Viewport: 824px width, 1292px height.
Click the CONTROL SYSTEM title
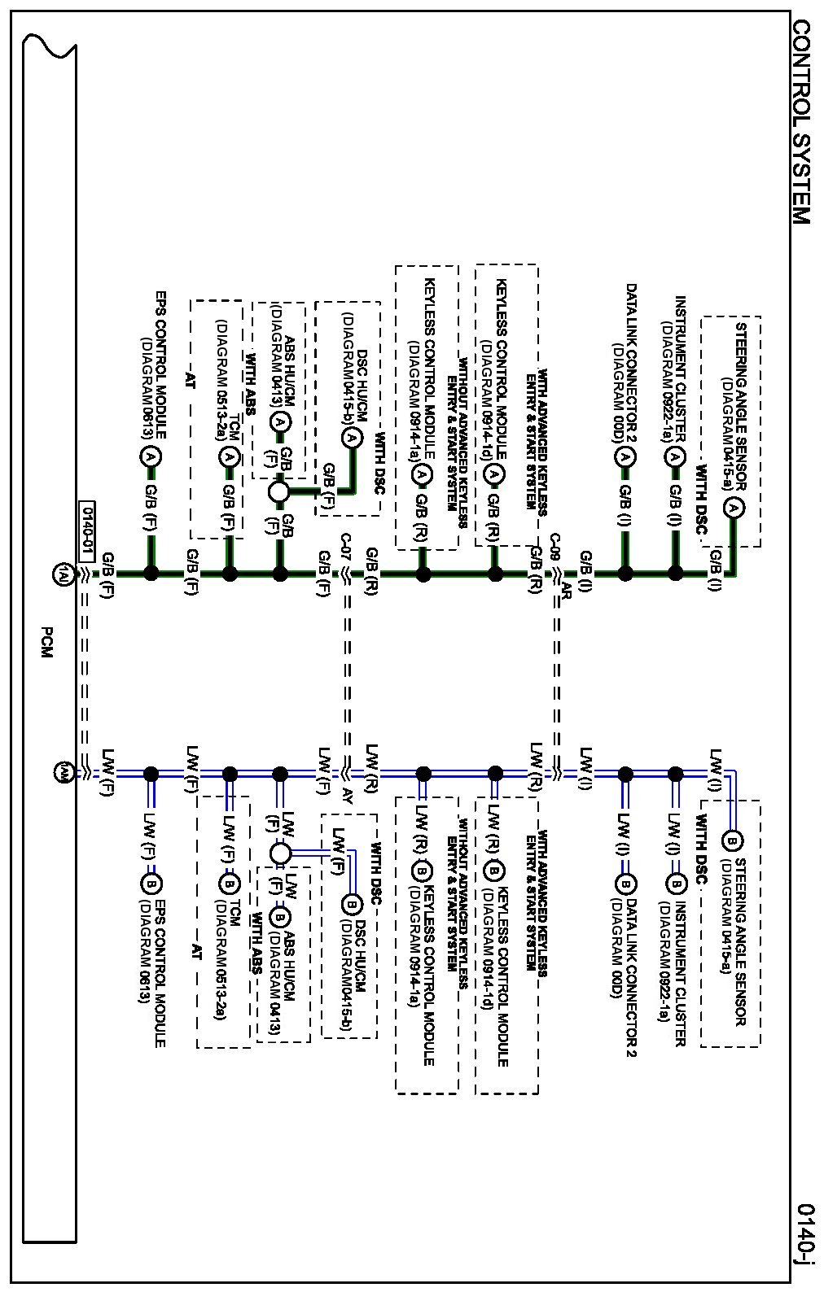(x=801, y=122)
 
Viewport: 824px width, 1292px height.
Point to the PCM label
(x=47, y=642)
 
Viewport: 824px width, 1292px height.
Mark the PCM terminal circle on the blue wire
(x=62, y=771)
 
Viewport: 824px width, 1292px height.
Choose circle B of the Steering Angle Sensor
(x=731, y=840)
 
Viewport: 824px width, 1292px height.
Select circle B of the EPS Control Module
(x=151, y=883)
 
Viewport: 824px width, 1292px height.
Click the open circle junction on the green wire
(x=279, y=491)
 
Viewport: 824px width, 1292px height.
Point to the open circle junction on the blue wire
(x=279, y=853)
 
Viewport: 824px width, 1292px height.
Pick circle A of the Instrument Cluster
(x=674, y=458)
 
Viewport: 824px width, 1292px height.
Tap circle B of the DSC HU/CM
(x=351, y=904)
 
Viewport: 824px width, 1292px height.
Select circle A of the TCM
(x=229, y=458)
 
